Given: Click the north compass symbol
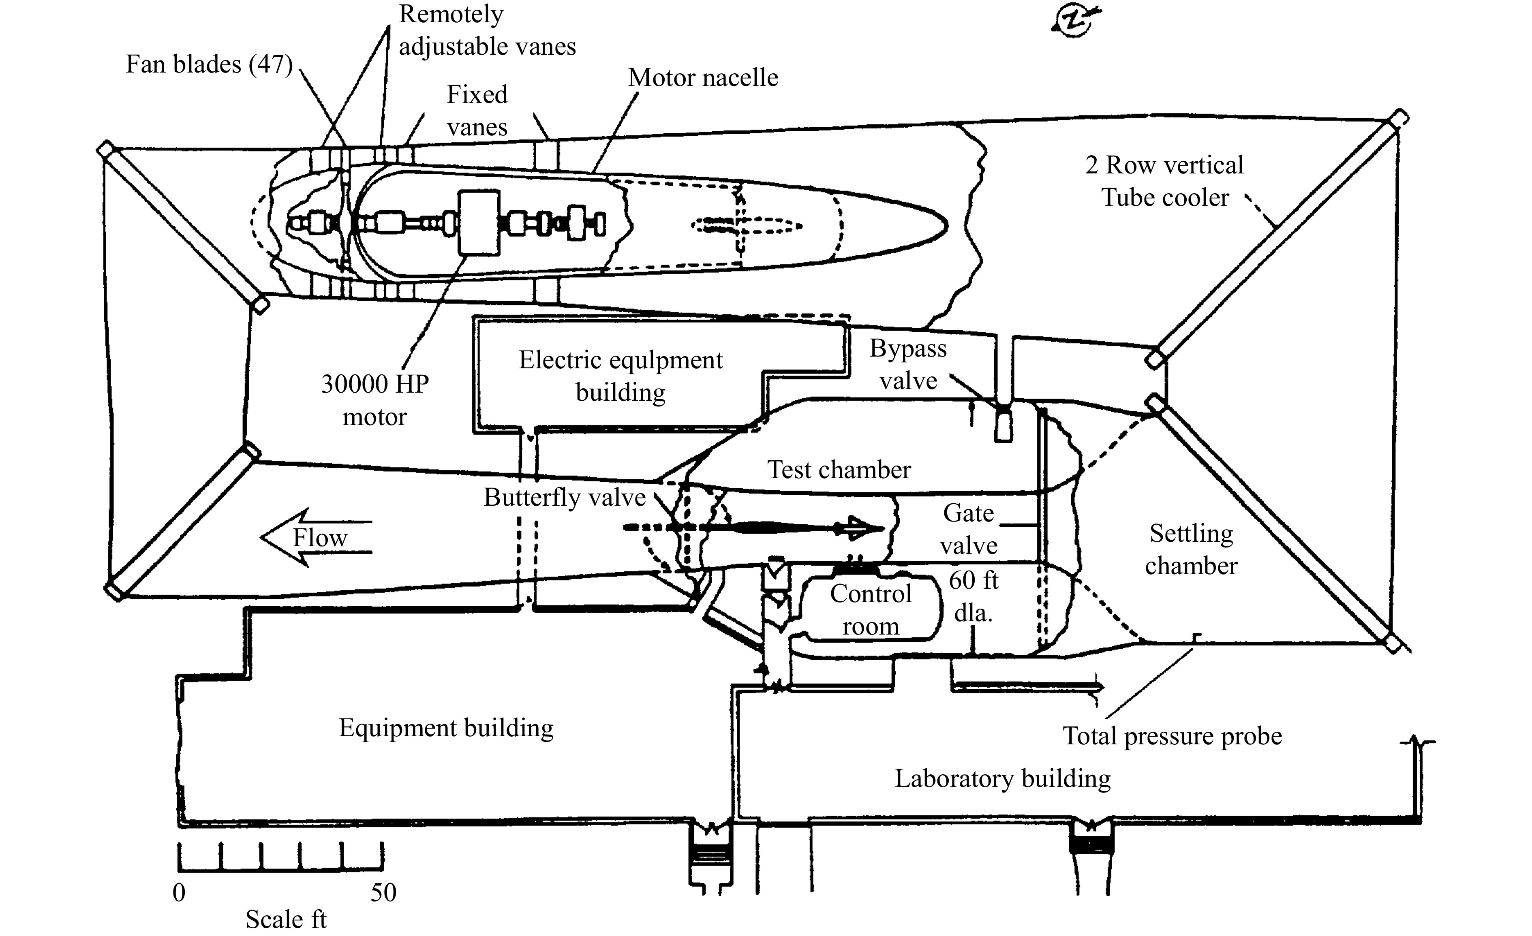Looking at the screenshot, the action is pyautogui.click(x=1072, y=21).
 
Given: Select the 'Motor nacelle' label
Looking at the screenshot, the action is pyautogui.click(x=703, y=78).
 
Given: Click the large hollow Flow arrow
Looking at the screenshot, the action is pyautogui.click(x=316, y=537).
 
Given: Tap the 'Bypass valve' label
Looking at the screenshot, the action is pyautogui.click(x=908, y=364).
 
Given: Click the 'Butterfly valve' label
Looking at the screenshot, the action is pyautogui.click(x=565, y=497).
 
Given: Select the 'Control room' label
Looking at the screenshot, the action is pyautogui.click(x=871, y=610).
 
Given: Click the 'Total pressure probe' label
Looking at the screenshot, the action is pyautogui.click(x=1172, y=736).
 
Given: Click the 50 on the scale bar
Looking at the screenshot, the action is pyautogui.click(x=384, y=893).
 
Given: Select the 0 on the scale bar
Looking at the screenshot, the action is pyautogui.click(x=179, y=893).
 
